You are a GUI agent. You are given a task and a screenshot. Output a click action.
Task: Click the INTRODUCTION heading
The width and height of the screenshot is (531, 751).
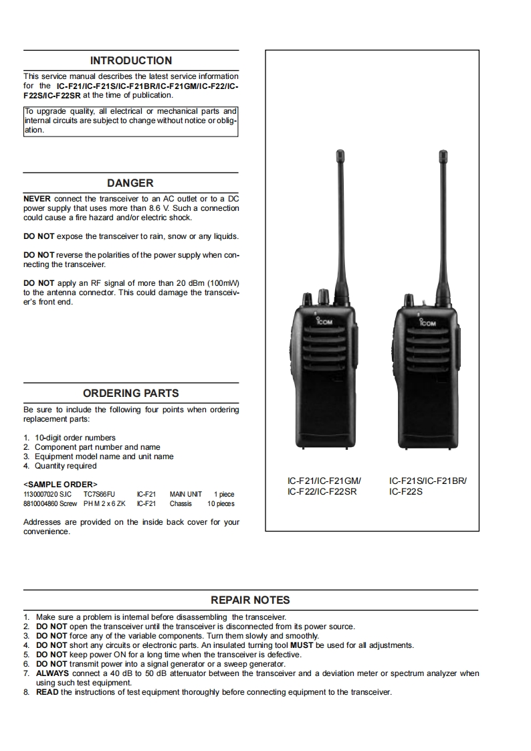click(131, 60)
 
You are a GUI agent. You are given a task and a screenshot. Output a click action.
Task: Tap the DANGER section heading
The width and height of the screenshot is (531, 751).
click(130, 183)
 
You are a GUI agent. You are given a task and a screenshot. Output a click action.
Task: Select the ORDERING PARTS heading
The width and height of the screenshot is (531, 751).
click(131, 393)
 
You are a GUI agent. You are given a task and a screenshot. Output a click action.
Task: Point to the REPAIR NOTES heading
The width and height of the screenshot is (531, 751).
click(251, 600)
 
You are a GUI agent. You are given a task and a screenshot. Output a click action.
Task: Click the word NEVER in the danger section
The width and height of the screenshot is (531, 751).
click(37, 199)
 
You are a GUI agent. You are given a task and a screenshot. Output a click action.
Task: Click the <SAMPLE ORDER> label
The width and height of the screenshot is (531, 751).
click(60, 484)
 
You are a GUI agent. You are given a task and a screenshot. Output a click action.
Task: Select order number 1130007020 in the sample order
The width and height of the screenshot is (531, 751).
click(39, 494)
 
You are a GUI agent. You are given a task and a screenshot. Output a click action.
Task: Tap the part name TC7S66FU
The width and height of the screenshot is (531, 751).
click(99, 494)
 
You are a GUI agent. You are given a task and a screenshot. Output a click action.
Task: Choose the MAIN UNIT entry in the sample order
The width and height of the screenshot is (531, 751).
click(186, 494)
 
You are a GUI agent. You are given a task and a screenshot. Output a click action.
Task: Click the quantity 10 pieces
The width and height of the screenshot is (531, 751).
click(221, 503)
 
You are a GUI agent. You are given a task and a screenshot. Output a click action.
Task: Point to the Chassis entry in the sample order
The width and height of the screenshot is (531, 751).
click(181, 503)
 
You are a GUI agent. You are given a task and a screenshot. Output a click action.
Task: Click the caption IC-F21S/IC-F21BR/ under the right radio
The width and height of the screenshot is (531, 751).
click(428, 481)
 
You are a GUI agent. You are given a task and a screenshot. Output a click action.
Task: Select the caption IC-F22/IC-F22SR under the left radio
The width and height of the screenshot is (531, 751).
click(318, 491)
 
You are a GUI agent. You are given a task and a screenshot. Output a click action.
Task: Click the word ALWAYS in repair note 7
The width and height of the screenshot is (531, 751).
click(51, 673)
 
